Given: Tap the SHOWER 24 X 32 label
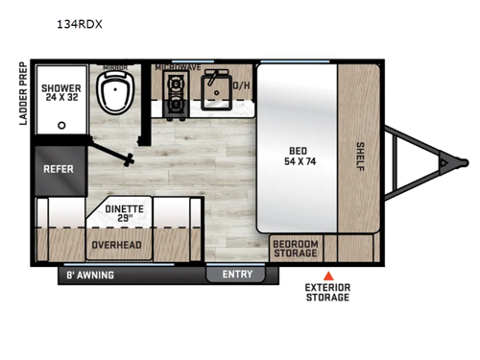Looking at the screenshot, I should [60, 94].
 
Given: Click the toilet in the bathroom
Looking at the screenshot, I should [118, 98].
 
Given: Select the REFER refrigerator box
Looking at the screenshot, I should [59, 168].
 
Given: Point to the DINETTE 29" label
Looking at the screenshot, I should [125, 211].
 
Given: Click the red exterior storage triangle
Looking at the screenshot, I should [327, 276].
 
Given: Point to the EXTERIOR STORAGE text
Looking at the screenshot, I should [327, 293].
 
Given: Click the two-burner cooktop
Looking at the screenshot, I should [175, 94].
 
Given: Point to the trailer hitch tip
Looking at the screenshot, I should [444, 163].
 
